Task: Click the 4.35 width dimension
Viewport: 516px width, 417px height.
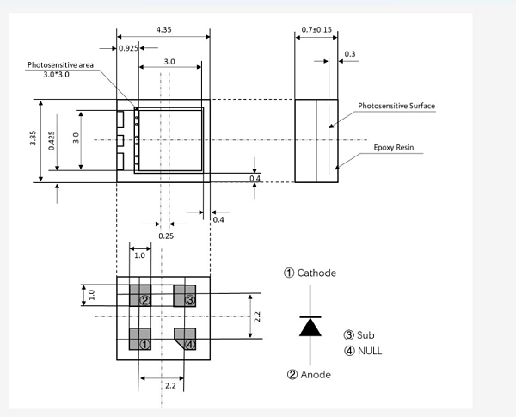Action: [164, 29]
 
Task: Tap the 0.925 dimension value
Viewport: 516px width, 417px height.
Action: [128, 48]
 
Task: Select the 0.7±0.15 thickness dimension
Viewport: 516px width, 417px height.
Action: [316, 29]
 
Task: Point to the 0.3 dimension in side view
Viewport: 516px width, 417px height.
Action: [350, 54]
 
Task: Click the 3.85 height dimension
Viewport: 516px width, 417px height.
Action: [33, 138]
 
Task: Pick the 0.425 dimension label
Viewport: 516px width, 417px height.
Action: [52, 141]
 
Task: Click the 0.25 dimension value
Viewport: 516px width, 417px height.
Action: [166, 236]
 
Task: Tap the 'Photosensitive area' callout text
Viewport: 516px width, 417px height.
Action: [60, 65]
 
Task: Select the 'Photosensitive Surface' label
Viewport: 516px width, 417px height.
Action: [396, 106]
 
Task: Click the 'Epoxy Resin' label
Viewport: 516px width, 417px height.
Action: [394, 147]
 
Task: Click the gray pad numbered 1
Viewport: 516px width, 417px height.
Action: [140, 339]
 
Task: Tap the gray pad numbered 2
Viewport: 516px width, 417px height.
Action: [140, 296]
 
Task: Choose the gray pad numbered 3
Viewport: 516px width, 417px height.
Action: [185, 296]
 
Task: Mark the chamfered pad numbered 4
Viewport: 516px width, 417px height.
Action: [185, 339]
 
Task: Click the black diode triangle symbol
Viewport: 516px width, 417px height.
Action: [310, 327]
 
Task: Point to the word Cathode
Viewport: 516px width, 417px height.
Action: [316, 273]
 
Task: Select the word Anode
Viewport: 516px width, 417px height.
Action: [316, 375]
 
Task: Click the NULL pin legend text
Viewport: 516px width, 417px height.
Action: [370, 351]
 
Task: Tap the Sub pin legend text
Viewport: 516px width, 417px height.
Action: [365, 335]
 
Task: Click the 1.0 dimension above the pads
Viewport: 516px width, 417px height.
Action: [139, 255]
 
